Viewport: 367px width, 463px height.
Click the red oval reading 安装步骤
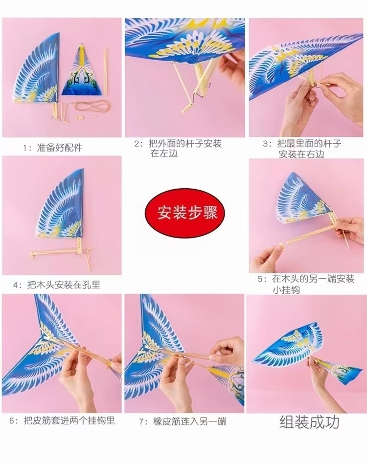(184, 212)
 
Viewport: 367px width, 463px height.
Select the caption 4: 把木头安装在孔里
(57, 285)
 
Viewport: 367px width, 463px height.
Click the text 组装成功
(309, 422)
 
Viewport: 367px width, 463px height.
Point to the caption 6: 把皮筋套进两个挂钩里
(62, 420)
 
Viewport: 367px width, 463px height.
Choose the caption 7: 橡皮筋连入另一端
(183, 421)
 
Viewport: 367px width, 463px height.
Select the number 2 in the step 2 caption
(137, 144)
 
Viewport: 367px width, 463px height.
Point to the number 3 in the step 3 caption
(266, 144)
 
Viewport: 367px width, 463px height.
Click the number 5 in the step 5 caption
(260, 279)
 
